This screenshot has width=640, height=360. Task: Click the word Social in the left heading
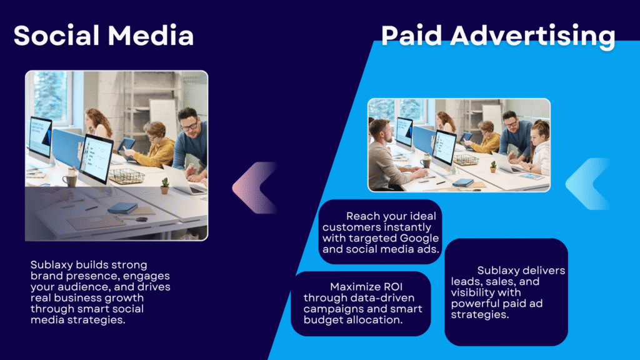tap(57, 35)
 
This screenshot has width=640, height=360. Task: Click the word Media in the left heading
tap(151, 35)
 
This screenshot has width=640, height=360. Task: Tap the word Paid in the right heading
tap(411, 35)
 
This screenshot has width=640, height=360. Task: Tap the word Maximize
tap(353, 286)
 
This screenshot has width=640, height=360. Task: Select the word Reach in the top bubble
tap(363, 216)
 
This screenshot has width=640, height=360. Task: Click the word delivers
tap(545, 270)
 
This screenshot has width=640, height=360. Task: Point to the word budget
tap(322, 320)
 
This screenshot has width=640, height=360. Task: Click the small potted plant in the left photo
tap(164, 186)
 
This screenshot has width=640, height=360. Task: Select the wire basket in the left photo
tap(126, 176)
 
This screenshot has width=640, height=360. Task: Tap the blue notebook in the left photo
tap(122, 208)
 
